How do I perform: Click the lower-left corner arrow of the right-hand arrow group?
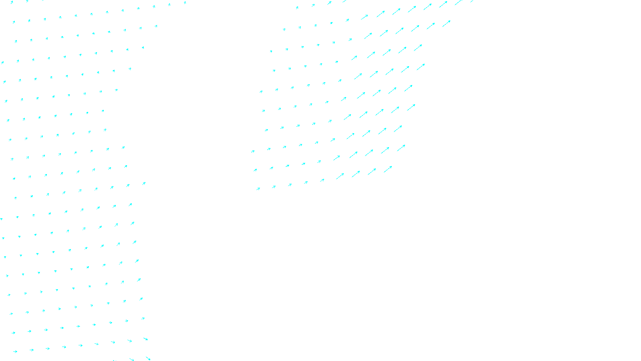[x=258, y=189]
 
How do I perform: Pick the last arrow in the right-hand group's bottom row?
[x=388, y=169]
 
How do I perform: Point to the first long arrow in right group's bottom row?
[x=340, y=176]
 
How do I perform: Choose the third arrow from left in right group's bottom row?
[x=290, y=185]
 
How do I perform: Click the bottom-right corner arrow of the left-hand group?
[x=148, y=358]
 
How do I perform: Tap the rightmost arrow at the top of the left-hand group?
[x=185, y=3]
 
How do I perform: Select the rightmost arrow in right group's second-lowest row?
[x=401, y=148]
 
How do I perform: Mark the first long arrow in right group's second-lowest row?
[x=337, y=158]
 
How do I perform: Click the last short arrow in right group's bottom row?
[x=322, y=180]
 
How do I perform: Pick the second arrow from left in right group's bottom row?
[x=274, y=187]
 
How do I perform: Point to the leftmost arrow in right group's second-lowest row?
[x=255, y=170]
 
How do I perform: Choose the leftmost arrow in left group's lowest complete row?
[x=15, y=352]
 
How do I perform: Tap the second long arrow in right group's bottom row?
[x=356, y=174]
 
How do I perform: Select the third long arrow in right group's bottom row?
[x=372, y=172]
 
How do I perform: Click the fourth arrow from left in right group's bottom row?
[x=306, y=183]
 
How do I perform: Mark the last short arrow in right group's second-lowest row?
[x=319, y=162]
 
